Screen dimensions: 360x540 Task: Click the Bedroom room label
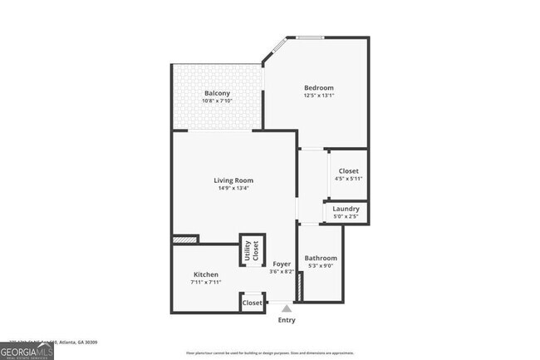[x=318, y=88]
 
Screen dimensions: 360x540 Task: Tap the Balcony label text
[x=217, y=93]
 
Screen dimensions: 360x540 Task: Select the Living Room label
[x=233, y=180]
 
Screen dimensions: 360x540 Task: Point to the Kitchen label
[x=206, y=274]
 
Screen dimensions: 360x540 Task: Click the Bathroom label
[x=321, y=259]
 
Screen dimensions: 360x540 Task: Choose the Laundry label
[x=346, y=209]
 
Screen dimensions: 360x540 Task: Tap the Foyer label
[x=282, y=264]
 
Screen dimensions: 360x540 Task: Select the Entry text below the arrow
[x=286, y=320]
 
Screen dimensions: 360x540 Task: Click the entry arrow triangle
[x=286, y=308]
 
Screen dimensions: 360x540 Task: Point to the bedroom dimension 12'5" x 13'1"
[x=318, y=96]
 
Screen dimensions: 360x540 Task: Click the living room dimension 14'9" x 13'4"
[x=233, y=188]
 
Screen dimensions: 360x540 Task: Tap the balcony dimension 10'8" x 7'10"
[x=217, y=101]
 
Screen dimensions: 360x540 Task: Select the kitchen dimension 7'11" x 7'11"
[x=206, y=282]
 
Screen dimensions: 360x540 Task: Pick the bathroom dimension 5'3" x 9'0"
[x=321, y=266]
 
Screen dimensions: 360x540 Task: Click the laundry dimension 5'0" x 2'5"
[x=346, y=216]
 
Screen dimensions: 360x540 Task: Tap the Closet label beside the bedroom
[x=349, y=171]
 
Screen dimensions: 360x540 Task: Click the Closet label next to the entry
[x=253, y=303]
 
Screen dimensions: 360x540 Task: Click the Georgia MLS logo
[x=27, y=353]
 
